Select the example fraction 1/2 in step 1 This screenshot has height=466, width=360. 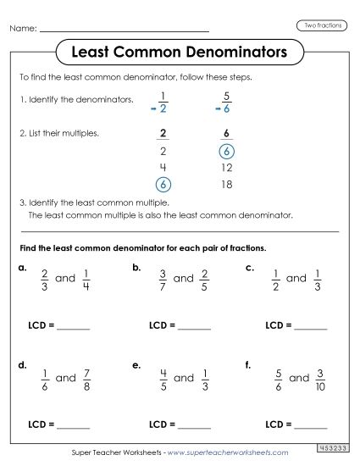point(163,102)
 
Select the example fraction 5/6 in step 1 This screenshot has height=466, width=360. point(226,102)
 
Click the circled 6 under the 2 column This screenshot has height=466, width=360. point(163,184)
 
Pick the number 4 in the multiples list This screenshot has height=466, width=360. point(163,168)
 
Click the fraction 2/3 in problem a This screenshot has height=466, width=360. point(44,279)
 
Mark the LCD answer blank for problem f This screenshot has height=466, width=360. point(309,425)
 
